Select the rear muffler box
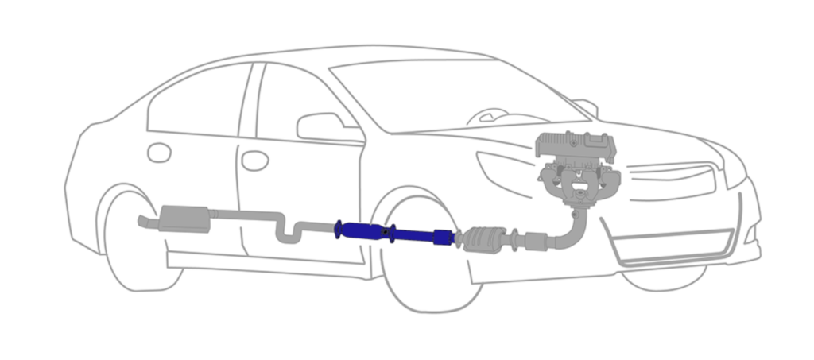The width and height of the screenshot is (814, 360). [184, 218]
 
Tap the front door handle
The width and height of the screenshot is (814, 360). [254, 161]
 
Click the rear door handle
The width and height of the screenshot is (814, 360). [159, 152]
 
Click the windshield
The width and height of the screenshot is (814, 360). [445, 91]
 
